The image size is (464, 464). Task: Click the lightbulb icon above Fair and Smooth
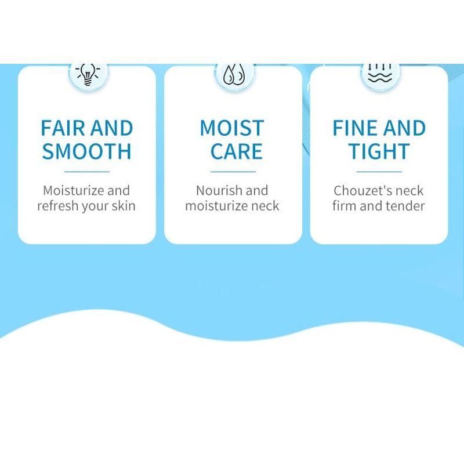(88, 74)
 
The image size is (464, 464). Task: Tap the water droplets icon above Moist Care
(233, 74)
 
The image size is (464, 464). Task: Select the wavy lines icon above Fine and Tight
(379, 73)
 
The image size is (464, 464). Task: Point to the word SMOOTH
(87, 151)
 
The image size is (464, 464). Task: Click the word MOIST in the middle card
(232, 128)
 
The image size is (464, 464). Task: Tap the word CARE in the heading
(236, 151)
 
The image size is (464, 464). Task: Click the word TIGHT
(379, 151)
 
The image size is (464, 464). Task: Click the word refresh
(57, 206)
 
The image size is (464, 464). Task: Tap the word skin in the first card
(123, 206)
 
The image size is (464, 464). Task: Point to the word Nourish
(218, 190)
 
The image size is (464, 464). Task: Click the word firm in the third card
(344, 206)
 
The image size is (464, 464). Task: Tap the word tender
(405, 206)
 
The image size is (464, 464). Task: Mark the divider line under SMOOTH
(87, 172)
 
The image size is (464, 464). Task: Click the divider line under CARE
(233, 172)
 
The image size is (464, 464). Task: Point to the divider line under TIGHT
(379, 172)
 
